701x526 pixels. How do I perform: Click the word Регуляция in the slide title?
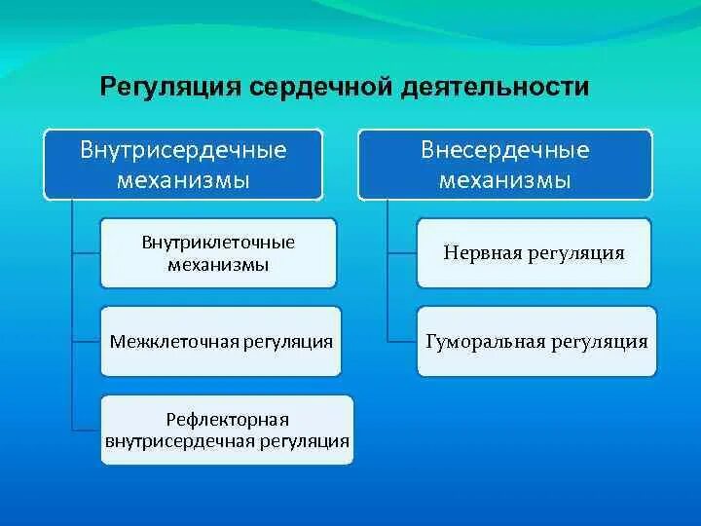point(170,88)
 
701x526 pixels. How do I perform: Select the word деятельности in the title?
point(495,87)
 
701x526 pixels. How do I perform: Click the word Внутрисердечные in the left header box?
point(183,150)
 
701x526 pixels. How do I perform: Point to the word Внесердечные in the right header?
point(505,150)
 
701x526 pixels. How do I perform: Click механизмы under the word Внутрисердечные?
point(183,180)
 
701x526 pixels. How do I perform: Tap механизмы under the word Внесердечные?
point(505,180)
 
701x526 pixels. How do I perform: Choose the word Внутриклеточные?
point(218,243)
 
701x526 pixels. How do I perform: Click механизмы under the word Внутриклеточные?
point(218,265)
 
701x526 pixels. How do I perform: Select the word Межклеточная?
point(174,342)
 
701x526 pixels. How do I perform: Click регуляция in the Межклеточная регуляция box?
point(288,343)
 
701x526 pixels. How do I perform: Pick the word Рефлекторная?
point(227,420)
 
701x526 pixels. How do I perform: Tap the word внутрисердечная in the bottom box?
point(180,441)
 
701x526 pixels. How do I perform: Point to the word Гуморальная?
point(486,342)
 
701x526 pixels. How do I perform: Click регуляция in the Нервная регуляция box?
point(576,253)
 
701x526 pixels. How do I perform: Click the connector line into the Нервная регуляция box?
point(402,253)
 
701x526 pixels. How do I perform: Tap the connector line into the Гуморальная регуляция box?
point(402,342)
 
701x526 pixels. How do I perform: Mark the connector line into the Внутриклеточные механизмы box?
point(87,253)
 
